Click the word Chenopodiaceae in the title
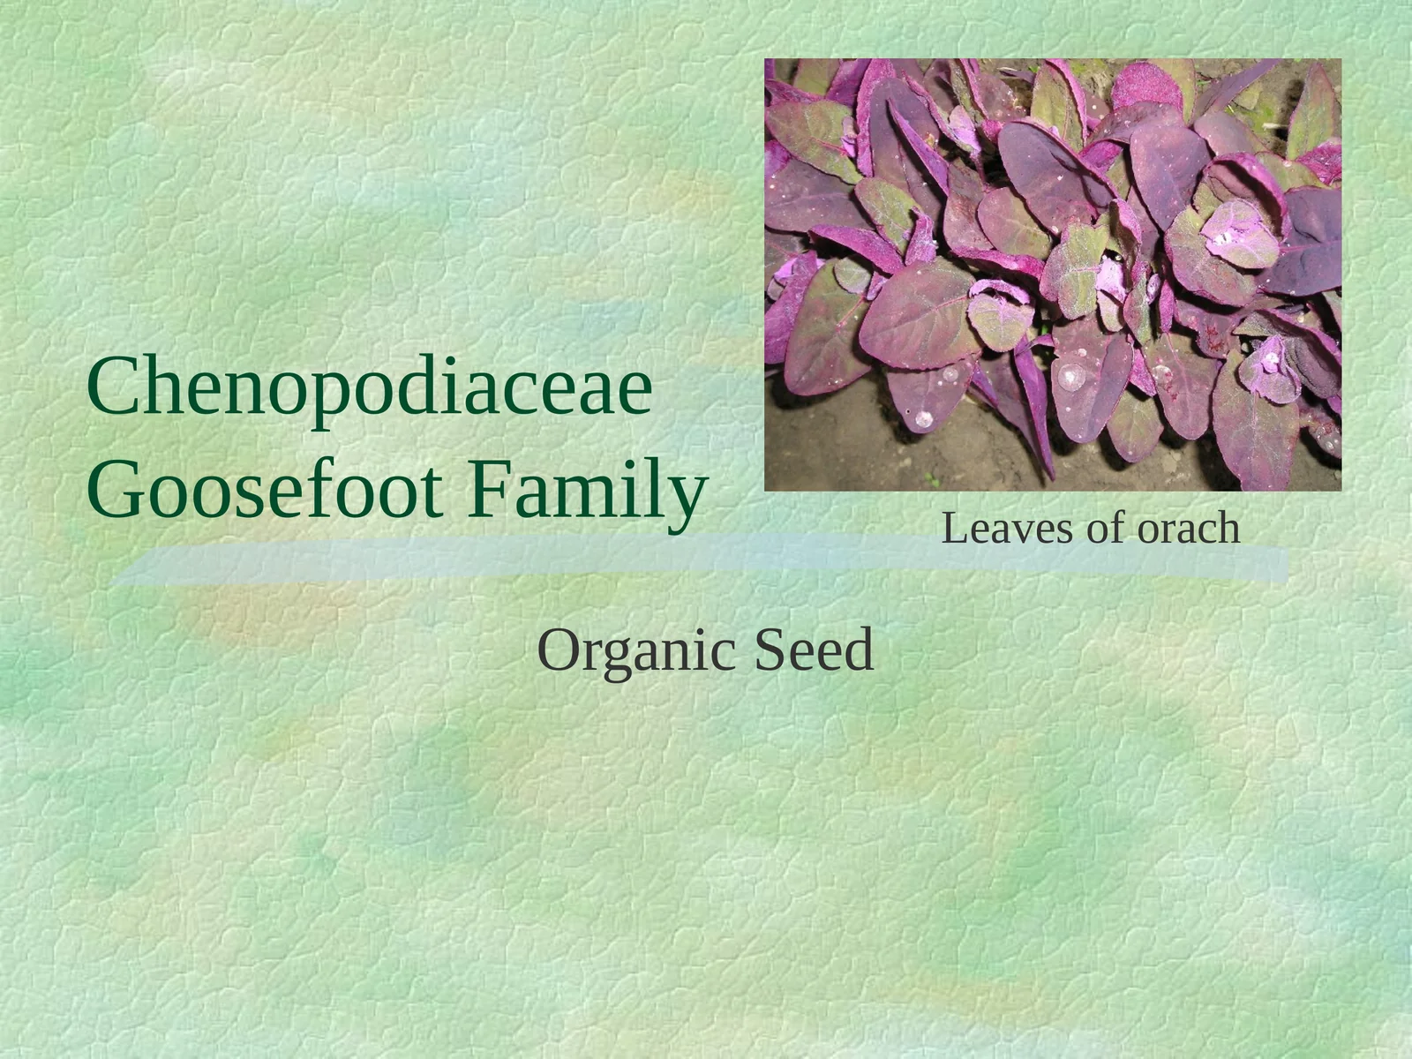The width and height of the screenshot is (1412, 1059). click(x=369, y=388)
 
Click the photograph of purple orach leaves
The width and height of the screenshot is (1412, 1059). click(x=1052, y=274)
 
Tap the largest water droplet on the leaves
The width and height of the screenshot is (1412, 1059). click(x=1071, y=376)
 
